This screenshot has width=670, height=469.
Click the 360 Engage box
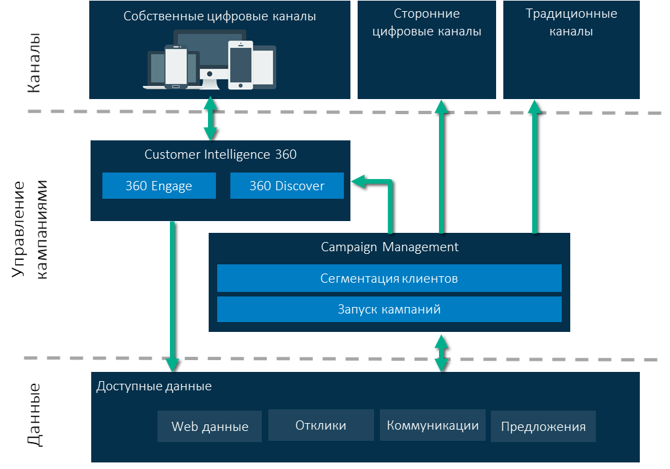159,186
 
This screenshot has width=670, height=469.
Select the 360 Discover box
287,186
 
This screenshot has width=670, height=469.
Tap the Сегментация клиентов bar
389,278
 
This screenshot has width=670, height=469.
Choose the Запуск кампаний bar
389,309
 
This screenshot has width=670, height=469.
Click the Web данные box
209,426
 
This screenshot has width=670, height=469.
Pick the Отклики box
321,425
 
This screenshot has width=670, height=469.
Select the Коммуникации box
432,425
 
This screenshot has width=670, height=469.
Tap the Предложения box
543,426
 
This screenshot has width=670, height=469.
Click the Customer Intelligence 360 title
220,155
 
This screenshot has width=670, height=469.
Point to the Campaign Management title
389,247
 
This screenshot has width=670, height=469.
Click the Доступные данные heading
154,386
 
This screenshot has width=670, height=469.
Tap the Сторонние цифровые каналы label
427,22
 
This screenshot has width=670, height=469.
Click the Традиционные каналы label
571,22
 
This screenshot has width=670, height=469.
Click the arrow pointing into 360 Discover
374,182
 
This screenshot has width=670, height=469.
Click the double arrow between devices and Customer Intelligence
210,119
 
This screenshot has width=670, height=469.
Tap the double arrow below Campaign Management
441,353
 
